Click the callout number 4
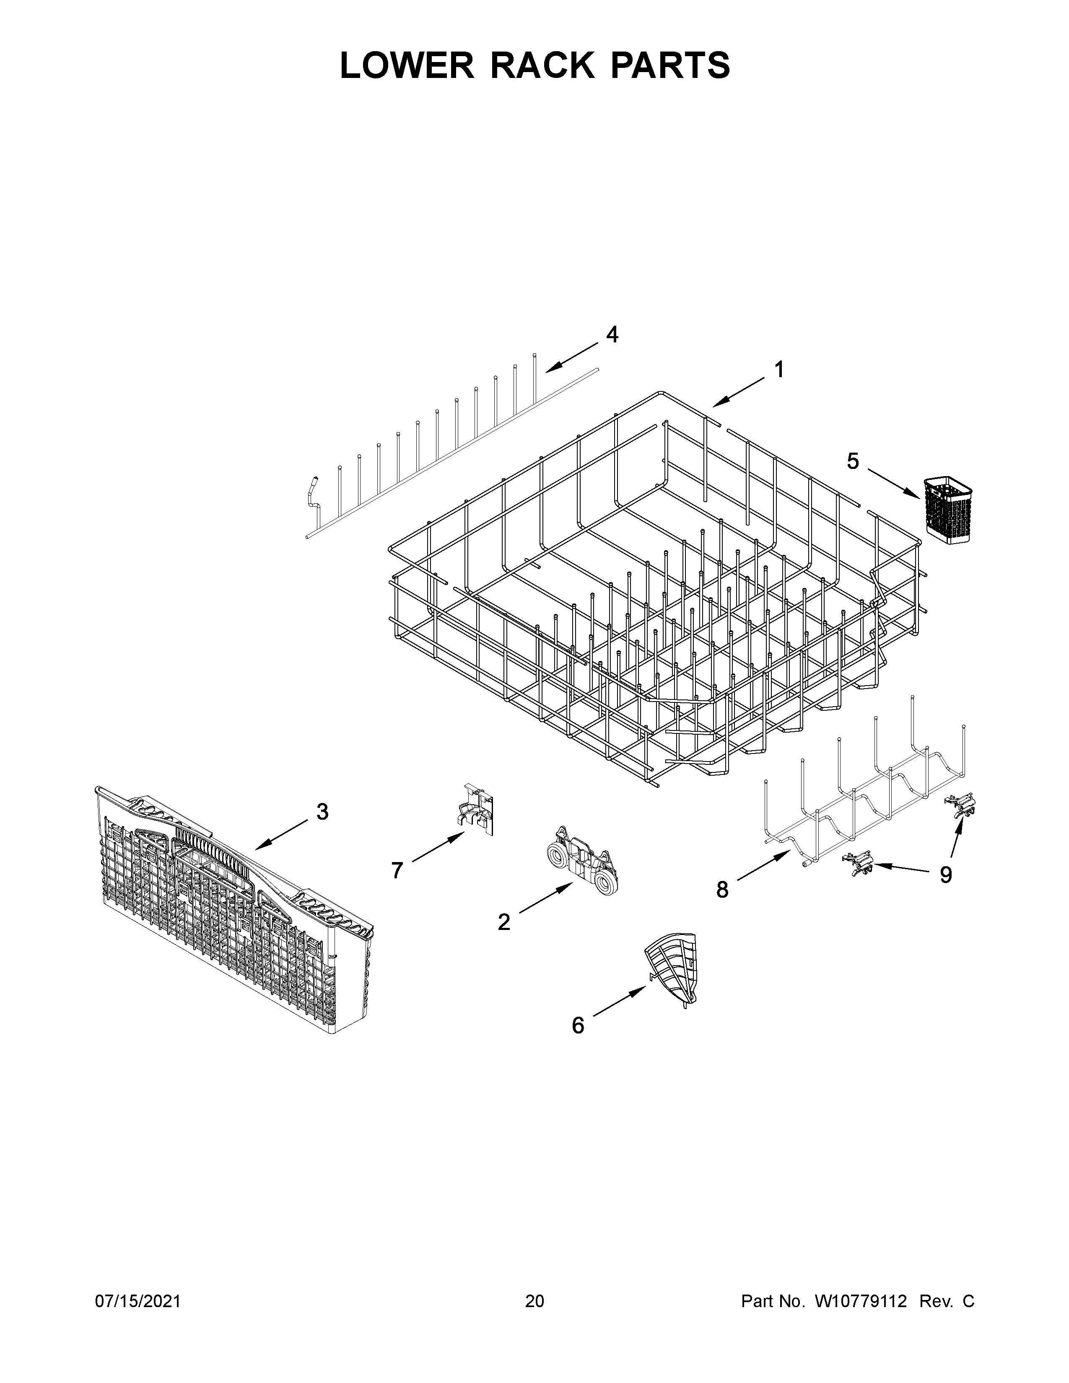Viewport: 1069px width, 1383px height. (x=612, y=335)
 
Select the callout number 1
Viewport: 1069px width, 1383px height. (x=779, y=370)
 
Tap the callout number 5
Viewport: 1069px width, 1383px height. (x=853, y=462)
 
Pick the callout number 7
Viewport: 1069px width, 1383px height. (x=397, y=871)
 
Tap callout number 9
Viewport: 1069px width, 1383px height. (x=945, y=875)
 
